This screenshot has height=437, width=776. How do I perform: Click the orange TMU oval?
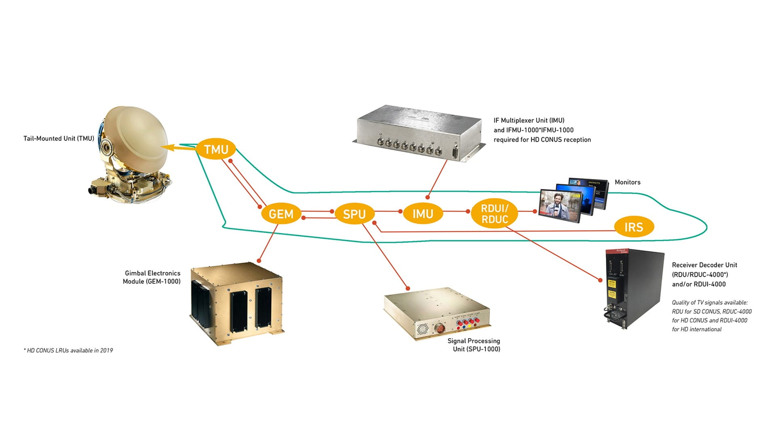(216, 149)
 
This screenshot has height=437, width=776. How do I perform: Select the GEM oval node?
(281, 214)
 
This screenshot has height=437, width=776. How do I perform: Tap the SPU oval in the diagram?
(354, 214)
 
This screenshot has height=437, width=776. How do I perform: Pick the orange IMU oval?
(423, 213)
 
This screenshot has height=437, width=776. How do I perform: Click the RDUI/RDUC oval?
(494, 214)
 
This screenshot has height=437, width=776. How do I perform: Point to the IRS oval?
(633, 227)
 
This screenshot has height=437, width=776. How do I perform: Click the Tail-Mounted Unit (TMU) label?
(59, 138)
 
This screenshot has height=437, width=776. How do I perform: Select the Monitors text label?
(627, 182)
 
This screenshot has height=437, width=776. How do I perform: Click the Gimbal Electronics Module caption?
(152, 277)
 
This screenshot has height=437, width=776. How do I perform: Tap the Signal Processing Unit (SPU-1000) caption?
(474, 345)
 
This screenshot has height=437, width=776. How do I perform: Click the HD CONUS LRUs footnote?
(68, 350)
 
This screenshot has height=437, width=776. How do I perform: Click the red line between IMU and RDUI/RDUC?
(456, 211)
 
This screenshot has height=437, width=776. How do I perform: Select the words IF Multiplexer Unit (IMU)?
(529, 120)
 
